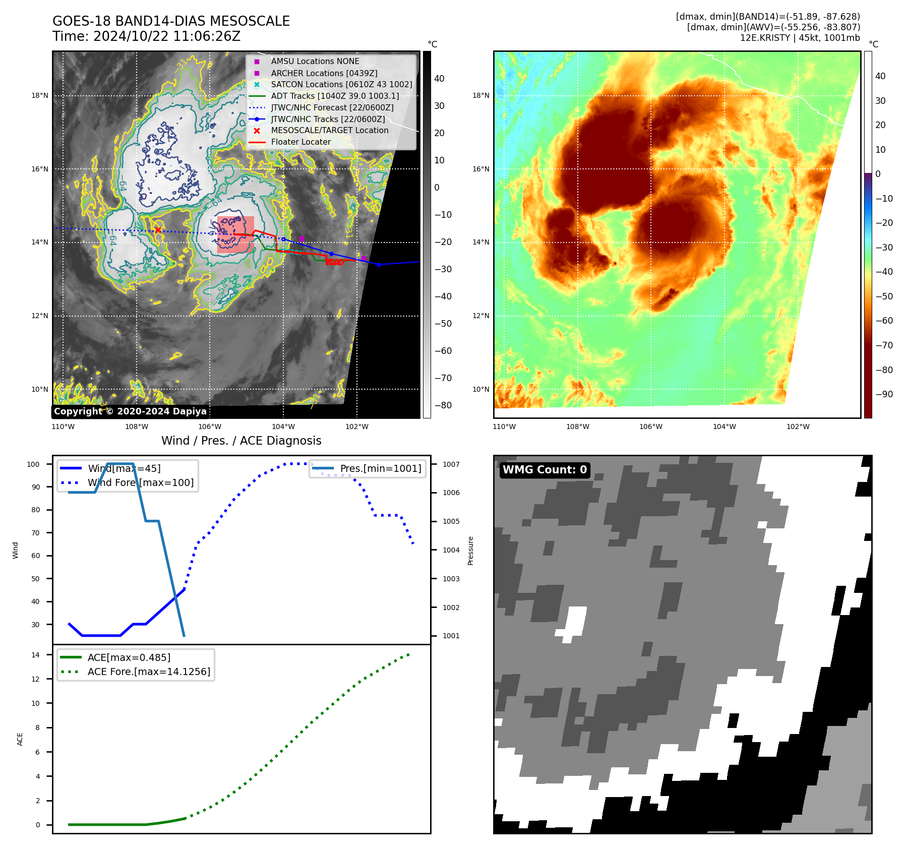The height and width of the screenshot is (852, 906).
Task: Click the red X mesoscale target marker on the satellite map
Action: click(x=158, y=230)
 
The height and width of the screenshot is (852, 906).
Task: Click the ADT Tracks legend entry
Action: click(x=335, y=96)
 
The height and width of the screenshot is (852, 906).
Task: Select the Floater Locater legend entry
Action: click(x=300, y=142)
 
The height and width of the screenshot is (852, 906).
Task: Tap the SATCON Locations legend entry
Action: click(x=341, y=84)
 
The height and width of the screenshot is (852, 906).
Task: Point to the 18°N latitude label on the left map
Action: click(x=40, y=95)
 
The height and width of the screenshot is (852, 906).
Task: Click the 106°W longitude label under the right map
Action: click(x=651, y=427)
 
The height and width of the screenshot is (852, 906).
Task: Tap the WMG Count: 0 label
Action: click(x=545, y=470)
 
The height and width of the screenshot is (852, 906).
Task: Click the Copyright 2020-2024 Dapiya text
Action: click(x=130, y=411)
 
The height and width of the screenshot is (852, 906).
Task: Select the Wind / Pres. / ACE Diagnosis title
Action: click(x=241, y=441)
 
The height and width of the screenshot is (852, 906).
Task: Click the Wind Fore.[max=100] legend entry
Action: click(x=141, y=482)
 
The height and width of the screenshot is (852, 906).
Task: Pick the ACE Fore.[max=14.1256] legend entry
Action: click(x=149, y=672)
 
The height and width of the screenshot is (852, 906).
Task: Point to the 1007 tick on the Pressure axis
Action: click(x=451, y=464)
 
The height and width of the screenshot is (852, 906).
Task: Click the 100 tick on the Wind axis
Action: click(x=33, y=464)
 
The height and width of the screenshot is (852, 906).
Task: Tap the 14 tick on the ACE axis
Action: click(x=35, y=655)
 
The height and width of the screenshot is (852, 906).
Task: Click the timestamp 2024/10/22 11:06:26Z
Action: click(x=167, y=36)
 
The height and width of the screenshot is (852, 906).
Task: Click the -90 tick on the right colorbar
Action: click(x=884, y=394)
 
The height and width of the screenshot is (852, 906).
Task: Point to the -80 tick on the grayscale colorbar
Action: click(x=443, y=405)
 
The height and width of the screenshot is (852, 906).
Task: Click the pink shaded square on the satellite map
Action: click(x=235, y=234)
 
